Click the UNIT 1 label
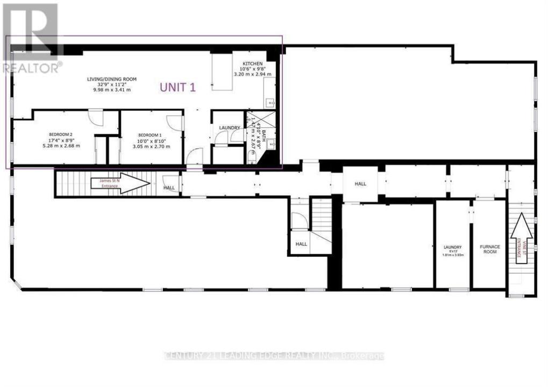click(177, 88)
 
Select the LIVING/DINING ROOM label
click(112, 79)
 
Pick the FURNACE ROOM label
click(490, 250)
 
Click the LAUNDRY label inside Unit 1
click(229, 127)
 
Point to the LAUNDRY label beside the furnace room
click(452, 247)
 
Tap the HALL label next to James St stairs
click(169, 188)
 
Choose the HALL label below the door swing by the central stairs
click(301, 244)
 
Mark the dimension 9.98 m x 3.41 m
click(112, 90)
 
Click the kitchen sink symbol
click(269, 102)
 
